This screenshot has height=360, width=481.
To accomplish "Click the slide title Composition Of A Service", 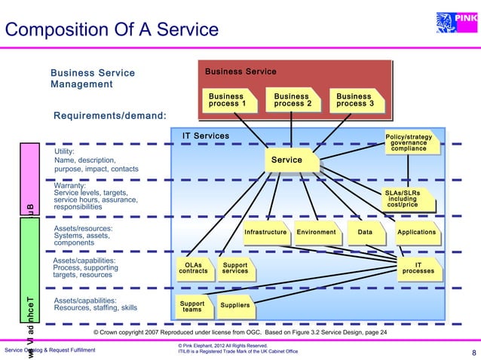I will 112,30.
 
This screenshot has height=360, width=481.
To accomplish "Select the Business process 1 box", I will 228,100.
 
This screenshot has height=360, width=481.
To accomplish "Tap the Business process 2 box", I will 293,100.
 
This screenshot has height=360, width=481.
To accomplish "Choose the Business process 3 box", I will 356,100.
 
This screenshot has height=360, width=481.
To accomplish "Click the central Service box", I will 287,160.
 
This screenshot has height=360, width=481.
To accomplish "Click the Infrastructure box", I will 265,233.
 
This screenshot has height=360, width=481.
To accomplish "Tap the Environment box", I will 317,233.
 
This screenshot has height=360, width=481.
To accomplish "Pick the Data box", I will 366,233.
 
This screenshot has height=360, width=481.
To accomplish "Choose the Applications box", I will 417,233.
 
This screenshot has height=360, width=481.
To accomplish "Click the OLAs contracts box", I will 192,268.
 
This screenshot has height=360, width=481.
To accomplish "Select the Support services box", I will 235,268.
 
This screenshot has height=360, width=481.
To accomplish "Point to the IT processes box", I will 418,268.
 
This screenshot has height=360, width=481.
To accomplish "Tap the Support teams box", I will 192,307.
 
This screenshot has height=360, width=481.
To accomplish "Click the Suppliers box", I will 234,306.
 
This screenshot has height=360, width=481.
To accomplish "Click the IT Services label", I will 206,136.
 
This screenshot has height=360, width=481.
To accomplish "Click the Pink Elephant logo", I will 459,18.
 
